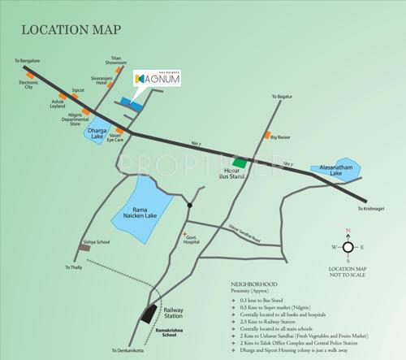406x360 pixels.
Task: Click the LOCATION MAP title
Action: click(71, 31)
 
